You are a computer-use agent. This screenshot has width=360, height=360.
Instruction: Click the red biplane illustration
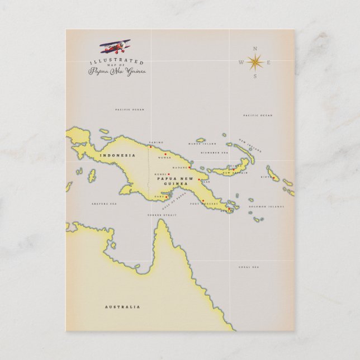[115, 46]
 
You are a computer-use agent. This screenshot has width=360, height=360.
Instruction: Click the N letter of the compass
[255, 48]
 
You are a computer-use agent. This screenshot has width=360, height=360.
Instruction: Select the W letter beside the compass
[241, 62]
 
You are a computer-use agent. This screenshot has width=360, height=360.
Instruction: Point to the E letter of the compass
[269, 62]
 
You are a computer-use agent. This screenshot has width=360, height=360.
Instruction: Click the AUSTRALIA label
[122, 307]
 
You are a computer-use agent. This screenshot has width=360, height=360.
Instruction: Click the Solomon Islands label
[272, 206]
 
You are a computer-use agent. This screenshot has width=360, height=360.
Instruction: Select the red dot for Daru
[166, 197]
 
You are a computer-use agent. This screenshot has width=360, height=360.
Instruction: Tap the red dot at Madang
[189, 167]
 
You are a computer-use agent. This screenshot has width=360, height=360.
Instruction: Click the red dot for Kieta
[273, 178]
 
